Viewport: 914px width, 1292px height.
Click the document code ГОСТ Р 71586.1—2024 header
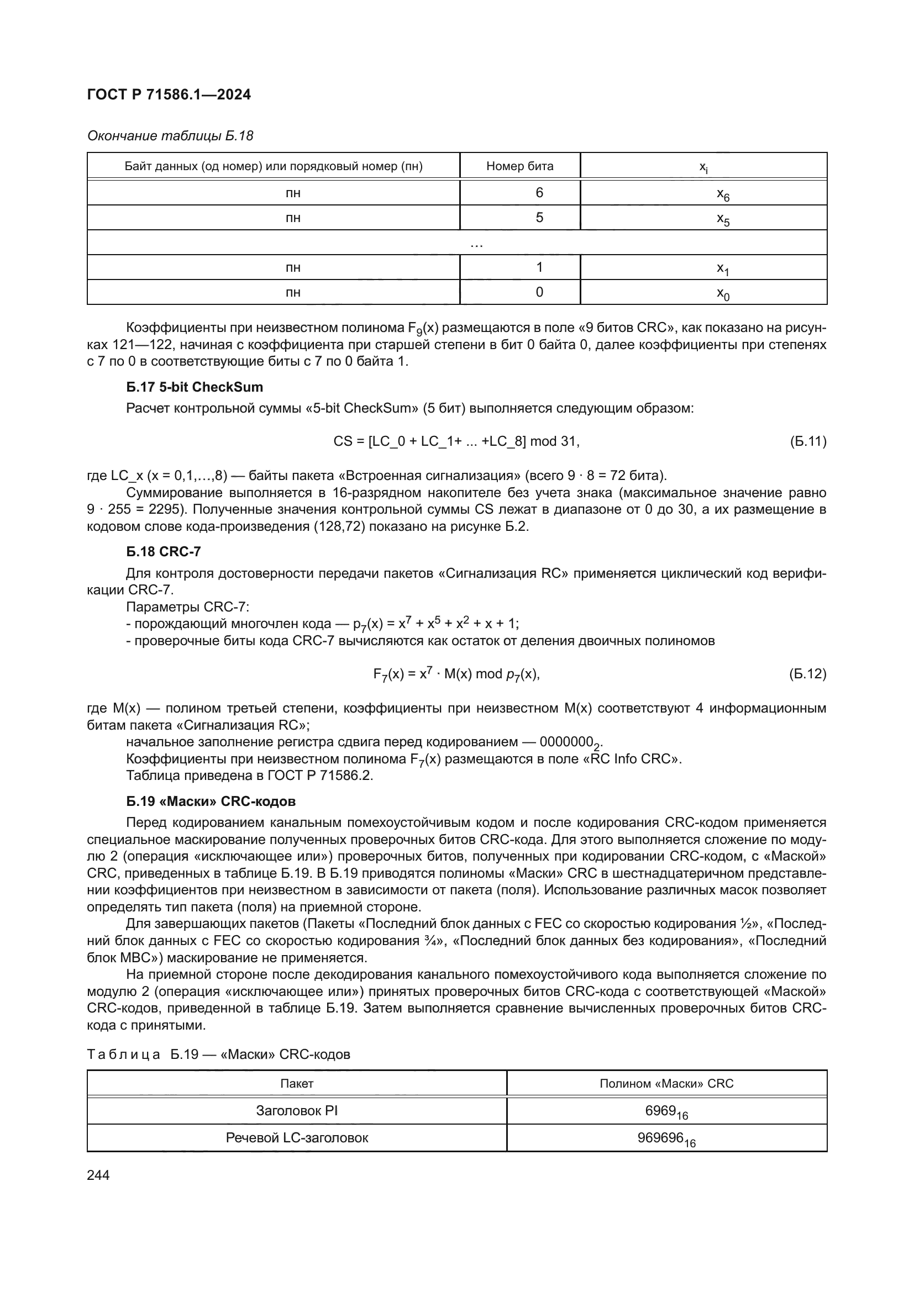pyautogui.click(x=169, y=94)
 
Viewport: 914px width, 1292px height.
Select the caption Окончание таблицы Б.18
pyautogui.click(x=170, y=136)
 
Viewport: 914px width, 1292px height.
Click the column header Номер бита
pyautogui.click(x=519, y=166)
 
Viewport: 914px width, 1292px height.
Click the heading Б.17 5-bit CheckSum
pyautogui.click(x=194, y=387)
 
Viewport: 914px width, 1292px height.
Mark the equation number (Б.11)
pyautogui.click(x=808, y=441)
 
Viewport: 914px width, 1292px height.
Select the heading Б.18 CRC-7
pyautogui.click(x=163, y=551)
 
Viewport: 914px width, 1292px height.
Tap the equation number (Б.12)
pyautogui.click(x=808, y=673)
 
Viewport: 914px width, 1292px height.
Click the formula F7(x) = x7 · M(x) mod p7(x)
pyautogui.click(x=456, y=674)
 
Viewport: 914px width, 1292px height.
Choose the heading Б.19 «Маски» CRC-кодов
pyautogui.click(x=211, y=801)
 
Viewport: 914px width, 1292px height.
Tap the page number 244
pyautogui.click(x=98, y=1175)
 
